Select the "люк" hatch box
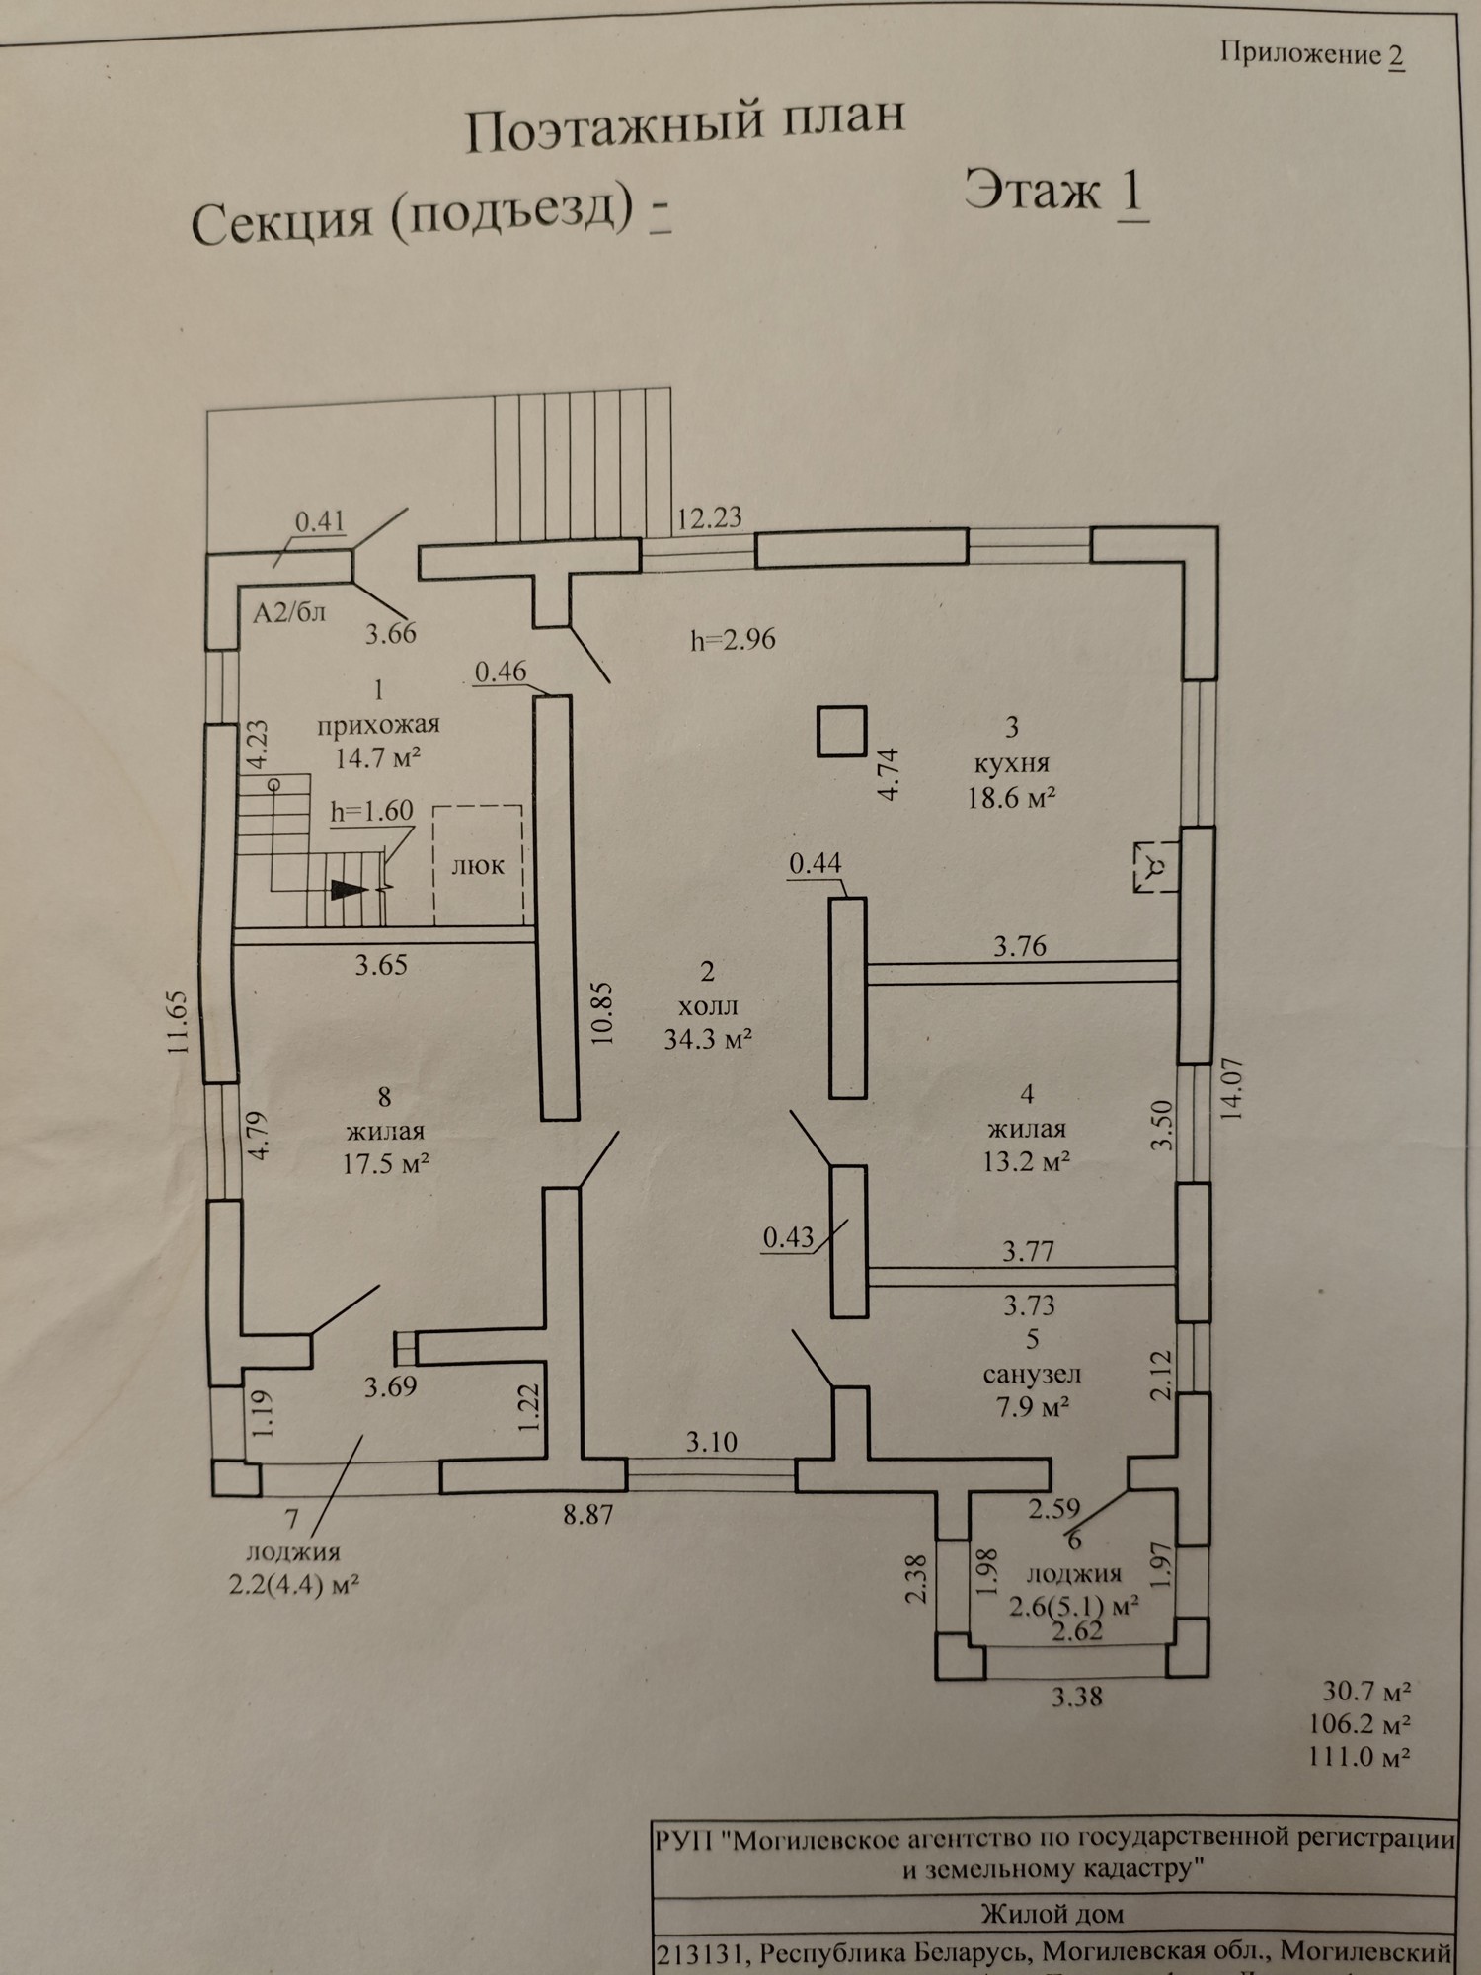[x=478, y=865]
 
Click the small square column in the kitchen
[x=841, y=731]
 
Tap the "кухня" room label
[x=1011, y=763]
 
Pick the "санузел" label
[x=1032, y=1373]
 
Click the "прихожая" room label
[x=378, y=724]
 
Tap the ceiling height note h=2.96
[x=733, y=639]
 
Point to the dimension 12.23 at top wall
[x=709, y=517]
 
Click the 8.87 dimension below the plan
[x=588, y=1513]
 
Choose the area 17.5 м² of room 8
[x=385, y=1163]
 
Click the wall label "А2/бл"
[x=288, y=613]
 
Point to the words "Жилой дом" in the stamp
[x=1052, y=1914]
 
